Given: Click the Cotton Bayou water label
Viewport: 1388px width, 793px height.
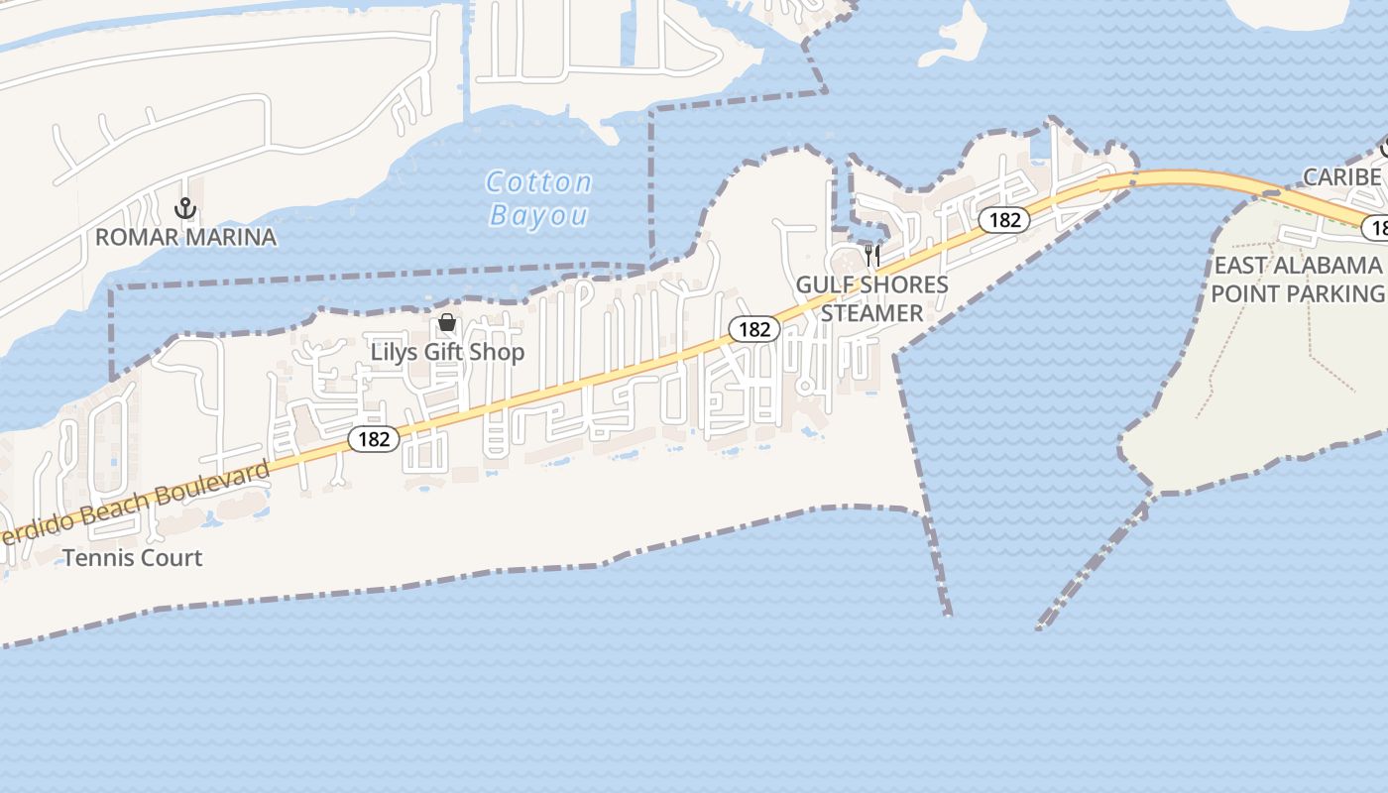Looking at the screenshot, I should pos(539,198).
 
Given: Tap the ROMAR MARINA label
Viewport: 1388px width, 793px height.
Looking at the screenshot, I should pos(185,237).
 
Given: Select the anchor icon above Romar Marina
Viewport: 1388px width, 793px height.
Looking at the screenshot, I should pos(184,209).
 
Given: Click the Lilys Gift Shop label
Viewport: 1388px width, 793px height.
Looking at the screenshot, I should pos(447,352).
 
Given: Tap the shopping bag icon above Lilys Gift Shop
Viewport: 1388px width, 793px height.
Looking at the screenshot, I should pos(447,322).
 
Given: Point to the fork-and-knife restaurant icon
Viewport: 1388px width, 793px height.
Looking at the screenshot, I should pos(872,255).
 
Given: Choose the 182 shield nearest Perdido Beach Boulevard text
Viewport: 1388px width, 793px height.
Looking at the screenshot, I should pos(374,438).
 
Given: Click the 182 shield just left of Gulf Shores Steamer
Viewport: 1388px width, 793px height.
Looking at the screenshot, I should pos(754,329).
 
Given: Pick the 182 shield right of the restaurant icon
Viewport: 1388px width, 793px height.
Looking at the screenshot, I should pos(1004,220).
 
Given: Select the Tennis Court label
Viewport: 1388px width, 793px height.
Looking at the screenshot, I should pos(133,558).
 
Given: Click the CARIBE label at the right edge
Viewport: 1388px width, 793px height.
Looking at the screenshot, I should pos(1341,177).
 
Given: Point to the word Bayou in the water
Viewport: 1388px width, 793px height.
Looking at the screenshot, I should pos(539,215).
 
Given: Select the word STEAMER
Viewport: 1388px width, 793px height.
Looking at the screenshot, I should pos(872,313).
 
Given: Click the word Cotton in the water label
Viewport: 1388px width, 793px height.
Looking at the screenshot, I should pos(539,182).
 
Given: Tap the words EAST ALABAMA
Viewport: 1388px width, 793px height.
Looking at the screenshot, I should pos(1297,266).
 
